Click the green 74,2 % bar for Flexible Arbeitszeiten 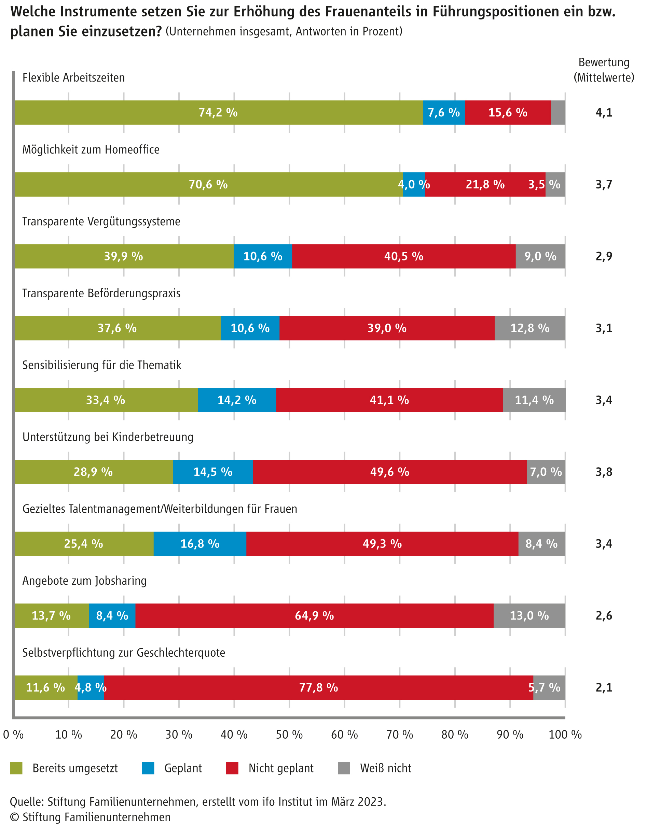tap(218, 112)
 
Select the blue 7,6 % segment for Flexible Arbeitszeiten tap(444, 112)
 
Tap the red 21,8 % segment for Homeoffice tap(485, 184)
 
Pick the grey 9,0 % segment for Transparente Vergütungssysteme tap(540, 256)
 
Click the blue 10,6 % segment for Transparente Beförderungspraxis tap(250, 328)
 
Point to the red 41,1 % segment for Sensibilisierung tap(389, 400)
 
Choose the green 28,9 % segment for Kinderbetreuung tap(93, 472)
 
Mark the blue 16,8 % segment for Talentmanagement tap(199, 544)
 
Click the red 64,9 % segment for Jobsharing tap(314, 616)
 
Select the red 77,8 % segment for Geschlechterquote tap(319, 688)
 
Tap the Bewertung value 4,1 tap(604, 112)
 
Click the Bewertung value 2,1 tap(604, 688)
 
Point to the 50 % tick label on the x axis tap(289, 735)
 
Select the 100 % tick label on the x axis tap(565, 735)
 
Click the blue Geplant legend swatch tap(148, 768)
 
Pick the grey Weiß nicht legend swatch tap(344, 768)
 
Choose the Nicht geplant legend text tap(281, 768)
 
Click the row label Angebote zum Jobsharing tap(84, 581)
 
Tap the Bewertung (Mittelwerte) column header tap(604, 70)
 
